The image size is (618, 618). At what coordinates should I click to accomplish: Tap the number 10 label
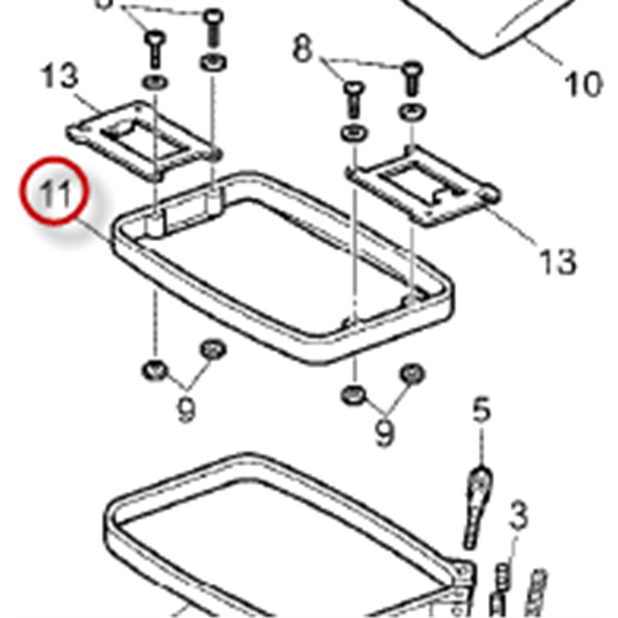pos(582,85)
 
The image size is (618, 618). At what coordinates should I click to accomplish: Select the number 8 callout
pos(303,50)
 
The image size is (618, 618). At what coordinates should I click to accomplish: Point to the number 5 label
pos(480,410)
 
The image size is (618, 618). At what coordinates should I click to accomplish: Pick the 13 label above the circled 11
pos(59,78)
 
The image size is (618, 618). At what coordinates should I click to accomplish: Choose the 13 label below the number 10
pos(558,262)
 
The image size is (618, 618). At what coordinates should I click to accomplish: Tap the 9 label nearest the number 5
pos(384,433)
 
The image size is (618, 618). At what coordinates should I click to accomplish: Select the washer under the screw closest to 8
pos(352,133)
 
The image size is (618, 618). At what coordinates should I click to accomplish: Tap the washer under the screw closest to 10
pos(411,111)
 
